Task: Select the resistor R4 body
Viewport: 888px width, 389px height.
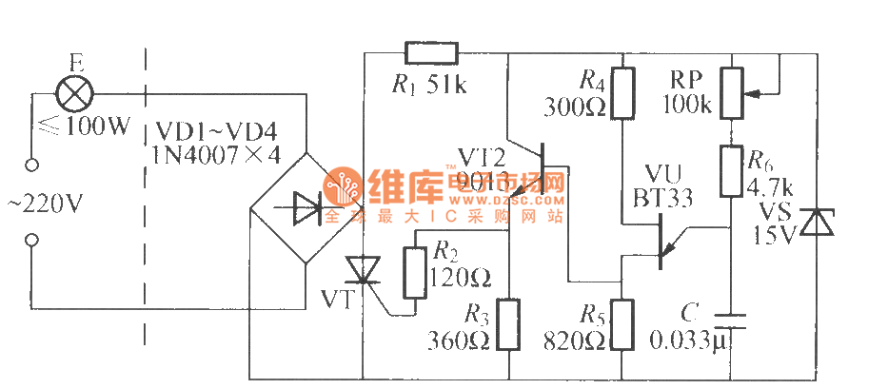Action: pyautogui.click(x=623, y=93)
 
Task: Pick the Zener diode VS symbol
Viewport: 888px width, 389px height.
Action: pyautogui.click(x=814, y=223)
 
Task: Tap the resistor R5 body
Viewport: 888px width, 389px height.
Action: pyautogui.click(x=623, y=324)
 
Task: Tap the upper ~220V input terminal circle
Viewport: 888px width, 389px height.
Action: pyautogui.click(x=31, y=164)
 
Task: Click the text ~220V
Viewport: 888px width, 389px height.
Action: pyautogui.click(x=42, y=203)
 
